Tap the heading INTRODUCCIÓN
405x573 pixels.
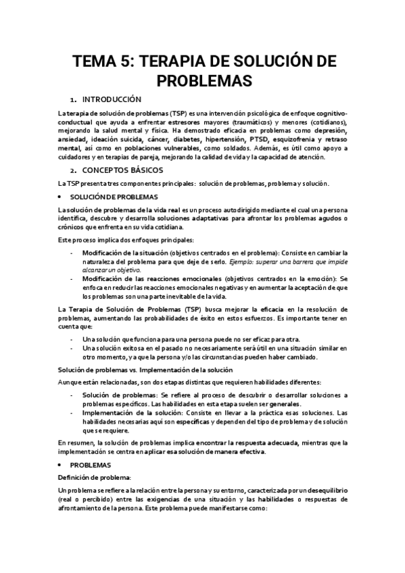coord(116,99)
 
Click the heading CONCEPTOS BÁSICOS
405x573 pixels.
coord(127,170)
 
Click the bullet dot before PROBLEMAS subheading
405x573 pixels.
coord(63,447)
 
